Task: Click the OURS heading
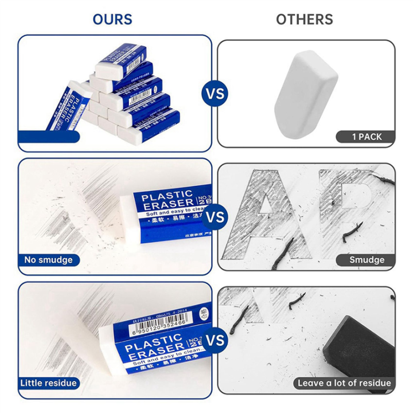click(x=112, y=18)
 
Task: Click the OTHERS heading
click(x=304, y=18)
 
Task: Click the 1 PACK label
click(x=366, y=137)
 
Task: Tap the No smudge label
click(x=48, y=260)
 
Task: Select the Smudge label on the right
click(x=367, y=260)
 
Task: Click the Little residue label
click(x=49, y=383)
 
